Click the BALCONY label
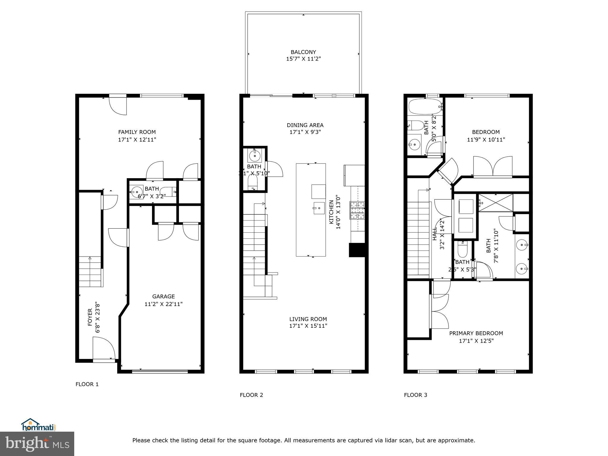tap(303, 52)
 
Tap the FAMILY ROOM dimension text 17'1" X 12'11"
tap(137, 140)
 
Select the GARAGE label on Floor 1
tap(163, 296)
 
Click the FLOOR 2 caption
tap(251, 395)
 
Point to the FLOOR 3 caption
tap(415, 395)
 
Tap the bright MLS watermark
tap(37, 444)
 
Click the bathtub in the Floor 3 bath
tap(425, 107)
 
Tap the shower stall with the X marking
tap(496, 203)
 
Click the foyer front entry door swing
tap(104, 348)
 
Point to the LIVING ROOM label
tap(308, 319)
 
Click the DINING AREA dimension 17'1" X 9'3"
tap(305, 132)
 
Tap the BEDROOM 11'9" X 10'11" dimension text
tap(486, 140)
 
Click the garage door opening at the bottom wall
tap(160, 371)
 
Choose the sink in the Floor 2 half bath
tap(254, 155)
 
